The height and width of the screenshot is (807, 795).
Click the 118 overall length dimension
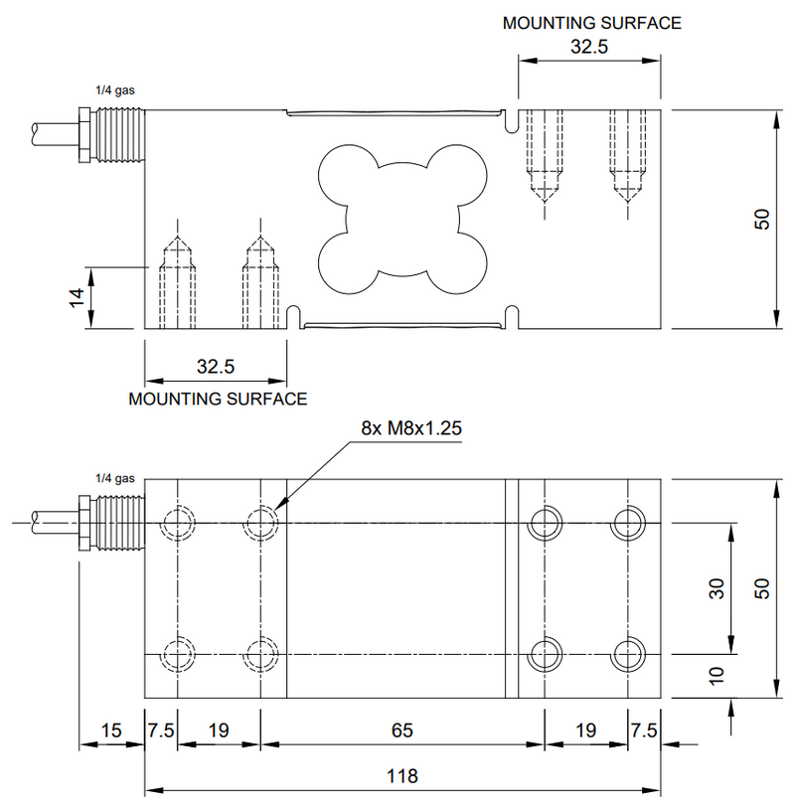click(401, 775)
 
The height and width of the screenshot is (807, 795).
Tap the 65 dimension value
click(401, 730)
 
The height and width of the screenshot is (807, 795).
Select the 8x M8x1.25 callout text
click(411, 428)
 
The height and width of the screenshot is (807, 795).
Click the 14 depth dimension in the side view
click(77, 297)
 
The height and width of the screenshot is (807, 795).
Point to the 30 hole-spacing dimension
click(716, 588)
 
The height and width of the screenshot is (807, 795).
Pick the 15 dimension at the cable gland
click(111, 730)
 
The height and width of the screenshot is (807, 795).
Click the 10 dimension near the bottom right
click(716, 676)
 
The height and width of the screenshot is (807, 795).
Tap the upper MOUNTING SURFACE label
click(591, 23)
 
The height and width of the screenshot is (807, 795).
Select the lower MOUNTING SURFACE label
click(218, 399)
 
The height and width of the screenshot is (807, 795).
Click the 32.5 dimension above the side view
click(589, 47)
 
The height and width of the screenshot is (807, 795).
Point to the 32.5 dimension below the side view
click(216, 367)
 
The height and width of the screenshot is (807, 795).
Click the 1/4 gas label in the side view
click(114, 90)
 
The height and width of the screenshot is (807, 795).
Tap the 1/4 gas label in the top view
click(114, 478)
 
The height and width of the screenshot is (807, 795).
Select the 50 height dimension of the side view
click(762, 220)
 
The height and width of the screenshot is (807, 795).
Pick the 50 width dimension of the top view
click(762, 588)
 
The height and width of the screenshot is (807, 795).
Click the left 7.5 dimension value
click(161, 730)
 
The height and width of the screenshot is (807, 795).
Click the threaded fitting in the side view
click(111, 135)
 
